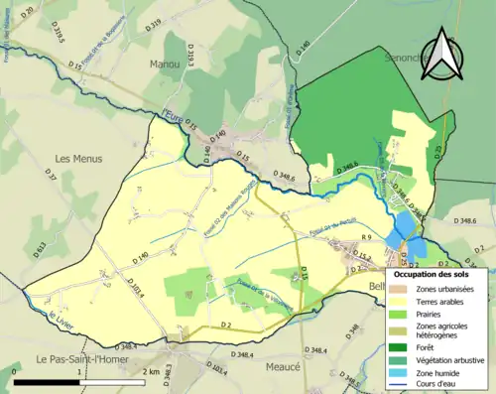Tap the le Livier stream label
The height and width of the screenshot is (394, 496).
pyautogui.click(x=61, y=321)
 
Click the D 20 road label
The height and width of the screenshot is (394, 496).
pyautogui.click(x=27, y=12)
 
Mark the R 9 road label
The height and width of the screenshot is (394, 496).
pyautogui.click(x=365, y=238)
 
